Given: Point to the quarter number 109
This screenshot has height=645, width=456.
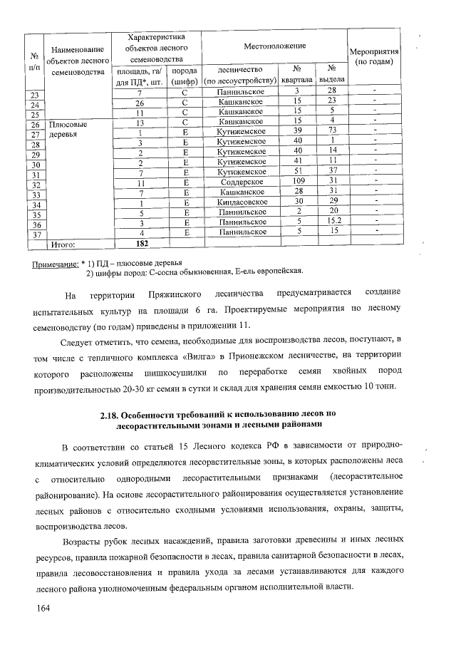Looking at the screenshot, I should [x=299, y=182].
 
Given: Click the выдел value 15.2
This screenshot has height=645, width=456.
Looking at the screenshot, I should [x=332, y=222].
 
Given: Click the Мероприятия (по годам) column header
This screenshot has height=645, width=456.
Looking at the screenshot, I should [x=374, y=58].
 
